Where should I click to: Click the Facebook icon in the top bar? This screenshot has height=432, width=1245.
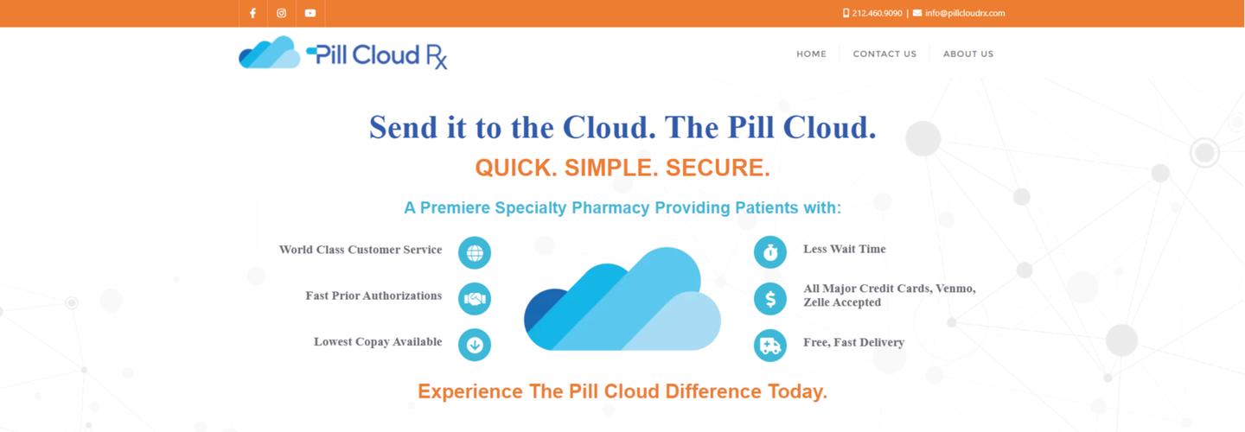[252, 13]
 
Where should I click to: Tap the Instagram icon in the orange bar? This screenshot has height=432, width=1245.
[281, 13]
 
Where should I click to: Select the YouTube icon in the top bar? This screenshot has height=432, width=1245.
[310, 13]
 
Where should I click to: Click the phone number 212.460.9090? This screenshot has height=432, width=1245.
[877, 13]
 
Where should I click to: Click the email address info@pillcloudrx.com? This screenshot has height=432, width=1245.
[964, 13]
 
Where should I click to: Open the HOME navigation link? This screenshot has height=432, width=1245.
[811, 54]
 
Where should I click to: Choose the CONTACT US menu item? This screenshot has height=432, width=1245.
[884, 54]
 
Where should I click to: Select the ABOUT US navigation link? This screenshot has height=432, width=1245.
[967, 54]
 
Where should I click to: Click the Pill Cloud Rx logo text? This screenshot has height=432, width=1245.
[380, 55]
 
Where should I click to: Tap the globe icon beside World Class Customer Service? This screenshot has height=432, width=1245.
[475, 252]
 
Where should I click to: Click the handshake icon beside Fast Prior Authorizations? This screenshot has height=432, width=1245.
[475, 299]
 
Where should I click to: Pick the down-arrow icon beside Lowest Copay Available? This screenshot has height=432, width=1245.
[475, 345]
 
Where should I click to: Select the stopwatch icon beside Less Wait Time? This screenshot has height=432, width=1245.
[769, 252]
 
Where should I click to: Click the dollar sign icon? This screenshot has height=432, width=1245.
[769, 299]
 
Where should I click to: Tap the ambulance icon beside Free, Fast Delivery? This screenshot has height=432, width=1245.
[769, 346]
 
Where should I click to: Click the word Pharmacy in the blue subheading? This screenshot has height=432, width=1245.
[605, 208]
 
